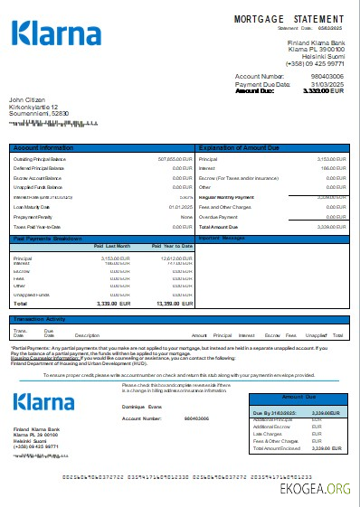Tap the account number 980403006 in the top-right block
[326, 77]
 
